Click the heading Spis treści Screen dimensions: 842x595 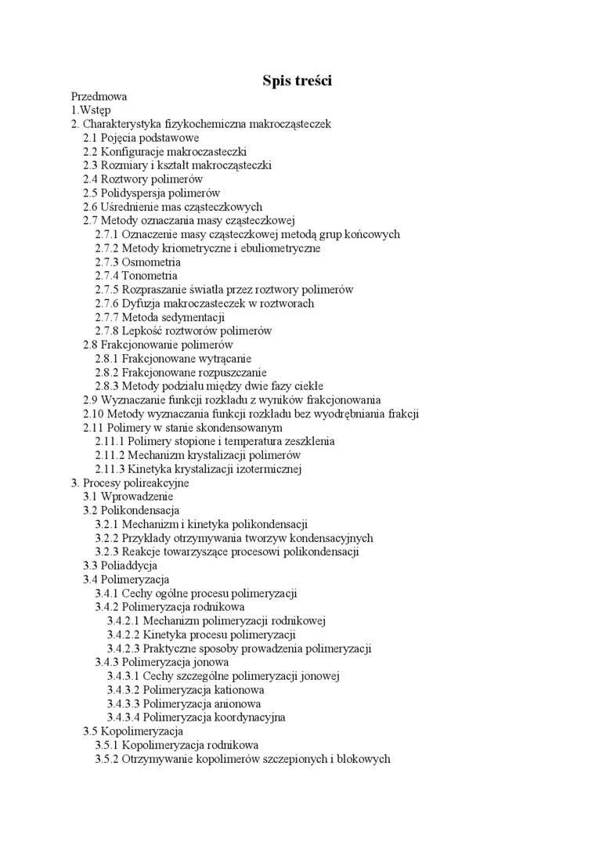click(x=297, y=81)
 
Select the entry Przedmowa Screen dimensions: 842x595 click(x=99, y=96)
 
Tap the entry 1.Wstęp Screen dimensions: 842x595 click(x=91, y=110)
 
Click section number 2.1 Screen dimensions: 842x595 click(x=91, y=138)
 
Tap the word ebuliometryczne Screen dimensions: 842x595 click(x=275, y=248)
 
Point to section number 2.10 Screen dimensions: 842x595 click(x=94, y=414)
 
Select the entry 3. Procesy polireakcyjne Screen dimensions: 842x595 click(x=130, y=483)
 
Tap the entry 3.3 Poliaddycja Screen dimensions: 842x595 click(x=121, y=566)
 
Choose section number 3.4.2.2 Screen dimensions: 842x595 click(x=124, y=634)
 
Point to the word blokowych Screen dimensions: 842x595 click(x=364, y=759)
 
